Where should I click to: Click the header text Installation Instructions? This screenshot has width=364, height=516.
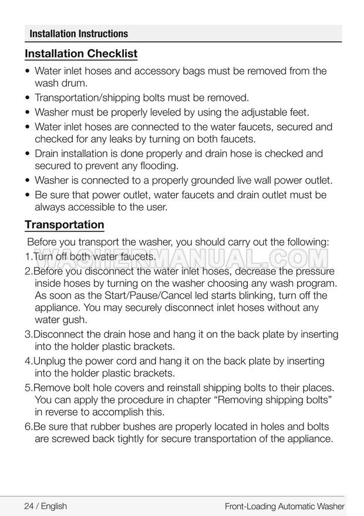tap(79, 33)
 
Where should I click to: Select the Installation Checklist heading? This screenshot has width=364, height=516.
tap(81, 54)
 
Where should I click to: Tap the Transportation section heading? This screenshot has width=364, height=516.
tap(65, 225)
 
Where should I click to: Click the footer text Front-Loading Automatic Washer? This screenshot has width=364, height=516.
tap(284, 505)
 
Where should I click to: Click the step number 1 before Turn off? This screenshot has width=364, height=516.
tap(28, 257)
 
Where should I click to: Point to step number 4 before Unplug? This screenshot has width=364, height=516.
tap(28, 361)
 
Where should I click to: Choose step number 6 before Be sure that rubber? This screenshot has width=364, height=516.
tap(28, 427)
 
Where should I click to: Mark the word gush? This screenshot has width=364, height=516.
tap(76, 320)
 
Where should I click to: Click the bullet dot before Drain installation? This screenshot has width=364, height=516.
tap(28, 154)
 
